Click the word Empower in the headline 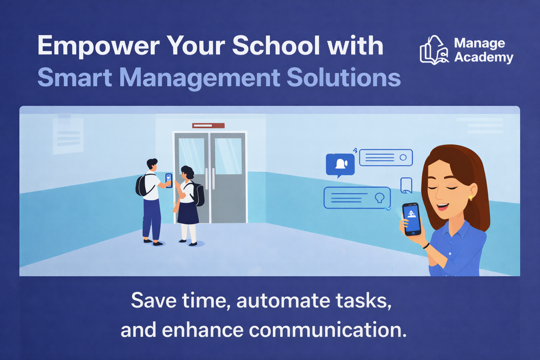[x=98, y=46]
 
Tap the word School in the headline [x=276, y=45]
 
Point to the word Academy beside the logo [x=483, y=57]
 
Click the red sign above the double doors [x=208, y=126]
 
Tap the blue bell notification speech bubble [x=340, y=164]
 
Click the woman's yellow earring [x=470, y=198]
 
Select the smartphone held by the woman [x=412, y=219]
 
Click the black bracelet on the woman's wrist [x=426, y=245]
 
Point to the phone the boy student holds [x=169, y=180]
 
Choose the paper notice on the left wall [x=68, y=135]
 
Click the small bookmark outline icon [x=406, y=185]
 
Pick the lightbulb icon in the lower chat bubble [x=379, y=198]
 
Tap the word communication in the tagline [x=328, y=330]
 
